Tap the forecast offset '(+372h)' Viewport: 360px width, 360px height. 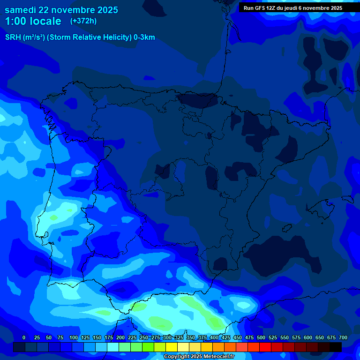point(83,21)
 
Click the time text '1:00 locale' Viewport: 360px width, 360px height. point(33,21)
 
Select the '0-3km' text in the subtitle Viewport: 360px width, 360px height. point(144,37)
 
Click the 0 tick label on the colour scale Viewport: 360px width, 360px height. point(24,337)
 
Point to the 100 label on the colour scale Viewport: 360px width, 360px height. point(74,337)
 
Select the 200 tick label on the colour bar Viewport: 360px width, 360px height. point(120,337)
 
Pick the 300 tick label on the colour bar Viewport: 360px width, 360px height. point(167,337)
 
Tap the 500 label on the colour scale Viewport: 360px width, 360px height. point(261,337)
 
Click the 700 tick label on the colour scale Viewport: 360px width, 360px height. point(343,337)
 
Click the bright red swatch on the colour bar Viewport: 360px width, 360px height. point(265,347)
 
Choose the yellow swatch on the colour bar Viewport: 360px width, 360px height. point(172,347)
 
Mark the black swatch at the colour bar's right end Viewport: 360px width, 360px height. point(336,347)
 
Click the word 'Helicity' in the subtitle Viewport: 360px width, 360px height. point(114,37)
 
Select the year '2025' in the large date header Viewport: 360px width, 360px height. point(106,10)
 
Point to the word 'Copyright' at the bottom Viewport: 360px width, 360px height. point(175,357)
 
